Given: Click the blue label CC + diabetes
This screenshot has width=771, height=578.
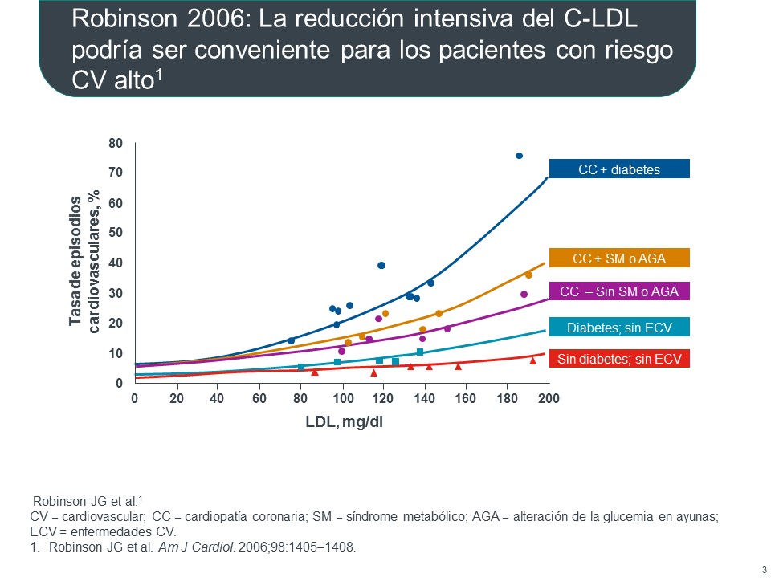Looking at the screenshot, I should coord(618,169).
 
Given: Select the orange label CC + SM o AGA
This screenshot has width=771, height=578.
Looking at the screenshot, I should coord(618,258).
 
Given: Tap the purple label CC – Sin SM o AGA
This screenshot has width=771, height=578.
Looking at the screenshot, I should coord(618,292).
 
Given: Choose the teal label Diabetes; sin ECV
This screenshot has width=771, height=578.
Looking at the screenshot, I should coord(618,328).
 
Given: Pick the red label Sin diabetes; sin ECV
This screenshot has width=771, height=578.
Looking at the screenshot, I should coord(618,360).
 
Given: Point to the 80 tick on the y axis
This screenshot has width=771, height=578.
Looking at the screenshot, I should coord(116,144).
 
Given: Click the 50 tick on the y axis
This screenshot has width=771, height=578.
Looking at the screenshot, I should coord(116,234).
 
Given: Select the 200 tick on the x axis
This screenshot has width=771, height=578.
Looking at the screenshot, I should coord(549,399).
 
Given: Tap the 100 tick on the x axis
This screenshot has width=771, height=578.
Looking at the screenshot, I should coord(342,399).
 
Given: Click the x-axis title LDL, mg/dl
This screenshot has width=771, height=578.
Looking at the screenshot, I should coord(344,422).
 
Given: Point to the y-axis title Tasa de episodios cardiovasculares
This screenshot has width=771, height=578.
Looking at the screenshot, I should coord(84,262).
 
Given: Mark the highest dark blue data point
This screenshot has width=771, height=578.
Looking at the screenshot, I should coord(519,156).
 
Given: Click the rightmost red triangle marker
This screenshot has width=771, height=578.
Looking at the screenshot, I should coord(532,360).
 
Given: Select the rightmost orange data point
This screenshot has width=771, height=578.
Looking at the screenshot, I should coord(528,275).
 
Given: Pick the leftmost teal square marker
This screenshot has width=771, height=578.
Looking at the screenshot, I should coord(301,367).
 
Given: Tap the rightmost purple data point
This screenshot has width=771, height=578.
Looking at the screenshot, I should coord(524,294).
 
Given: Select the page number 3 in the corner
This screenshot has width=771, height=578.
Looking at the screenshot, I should coord(763,570).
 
